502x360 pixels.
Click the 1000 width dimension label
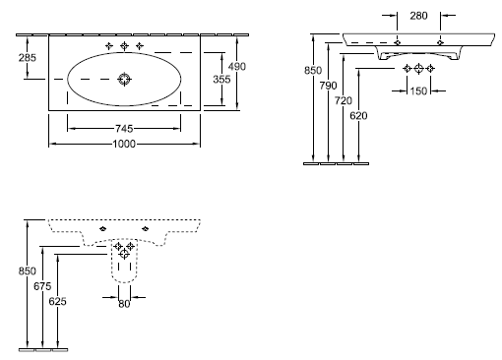124,144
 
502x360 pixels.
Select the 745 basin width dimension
124,129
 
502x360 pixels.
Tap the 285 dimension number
28,58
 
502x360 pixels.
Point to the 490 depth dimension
237,67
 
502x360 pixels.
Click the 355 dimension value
221,80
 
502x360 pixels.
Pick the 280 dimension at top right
418,16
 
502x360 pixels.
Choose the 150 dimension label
418,90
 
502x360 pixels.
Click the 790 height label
328,86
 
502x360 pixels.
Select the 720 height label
344,100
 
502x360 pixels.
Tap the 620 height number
358,116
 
